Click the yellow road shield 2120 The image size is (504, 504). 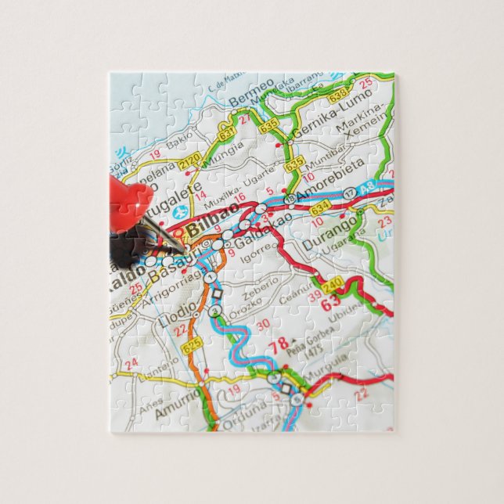point(189,162)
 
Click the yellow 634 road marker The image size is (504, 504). point(319,209)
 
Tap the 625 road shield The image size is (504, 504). point(191,343)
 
